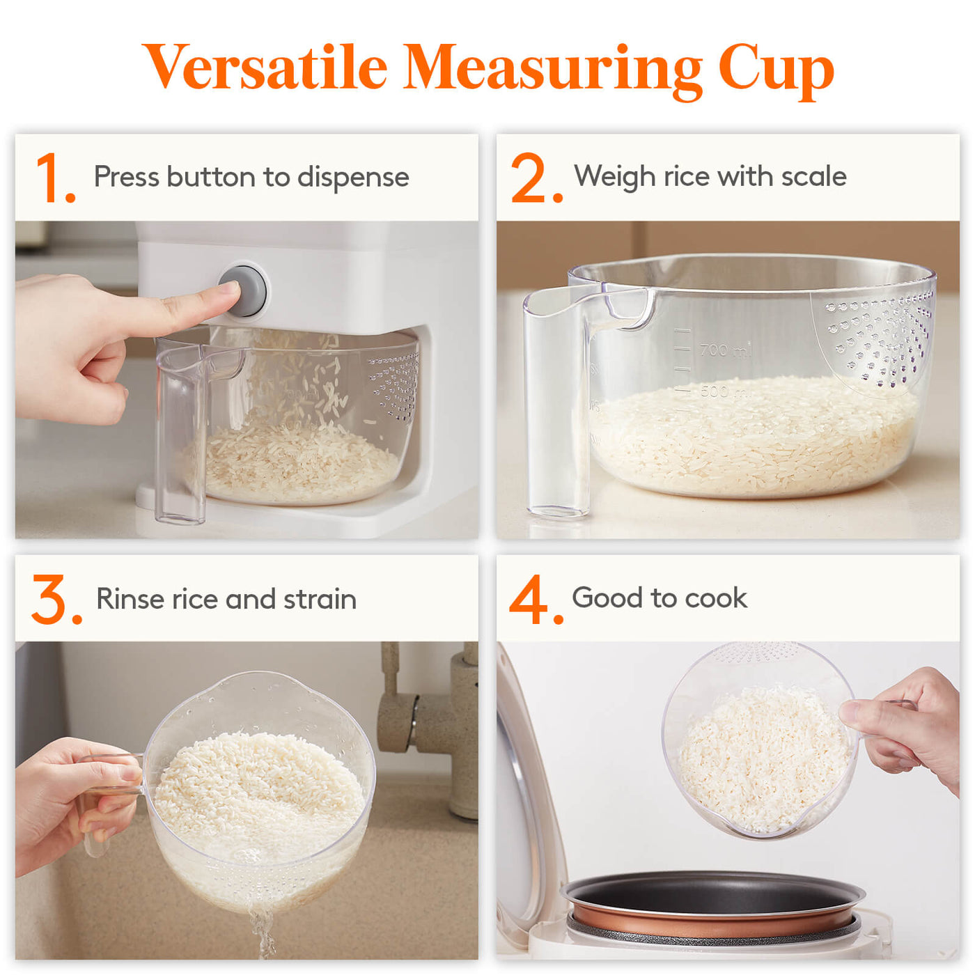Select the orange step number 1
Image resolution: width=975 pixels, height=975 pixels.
56,178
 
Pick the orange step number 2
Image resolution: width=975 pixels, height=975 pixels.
536,178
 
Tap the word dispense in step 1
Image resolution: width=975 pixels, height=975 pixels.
352,178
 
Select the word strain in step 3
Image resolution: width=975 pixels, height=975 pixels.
320,599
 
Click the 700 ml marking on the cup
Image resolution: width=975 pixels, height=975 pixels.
726,350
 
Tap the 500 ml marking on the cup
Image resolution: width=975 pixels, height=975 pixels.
724,391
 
